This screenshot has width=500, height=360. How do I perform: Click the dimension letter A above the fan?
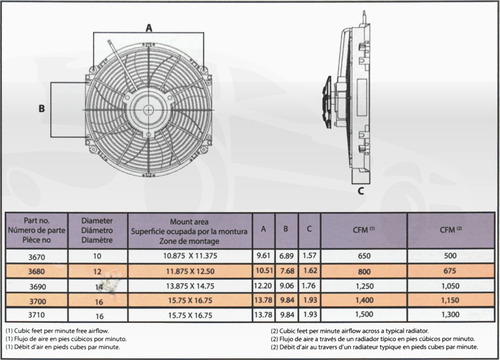[150, 29]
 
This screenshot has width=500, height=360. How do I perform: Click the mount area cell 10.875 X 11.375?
[186, 257]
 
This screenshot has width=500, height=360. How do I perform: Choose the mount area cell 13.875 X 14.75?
[186, 287]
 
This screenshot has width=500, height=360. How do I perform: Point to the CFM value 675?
[449, 272]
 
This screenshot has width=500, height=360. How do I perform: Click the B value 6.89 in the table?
[285, 257]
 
